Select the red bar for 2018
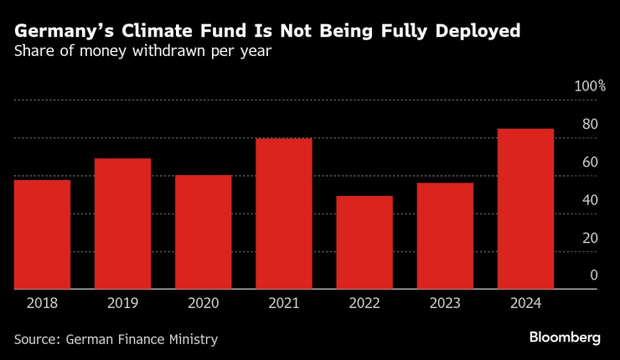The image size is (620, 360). tap(42, 234)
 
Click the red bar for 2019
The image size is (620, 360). tap(122, 224)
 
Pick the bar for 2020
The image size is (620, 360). tap(203, 232)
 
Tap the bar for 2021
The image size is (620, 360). tap(284, 213)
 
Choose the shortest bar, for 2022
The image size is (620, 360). tap(364, 243)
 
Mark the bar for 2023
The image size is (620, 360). tap(445, 236)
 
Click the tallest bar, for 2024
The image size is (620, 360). tap(525, 208)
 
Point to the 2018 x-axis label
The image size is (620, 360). tap(42, 303)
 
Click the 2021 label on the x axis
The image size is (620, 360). tap(284, 303)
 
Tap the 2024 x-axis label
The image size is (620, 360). tap(525, 303)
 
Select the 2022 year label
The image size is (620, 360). tap(364, 303)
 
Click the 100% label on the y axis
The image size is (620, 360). tap(589, 86)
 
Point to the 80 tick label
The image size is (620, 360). tap(590, 124)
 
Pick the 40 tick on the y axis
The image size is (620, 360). tap(590, 200)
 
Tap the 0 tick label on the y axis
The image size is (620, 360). tap(593, 275)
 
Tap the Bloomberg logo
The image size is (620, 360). tap(565, 337)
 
